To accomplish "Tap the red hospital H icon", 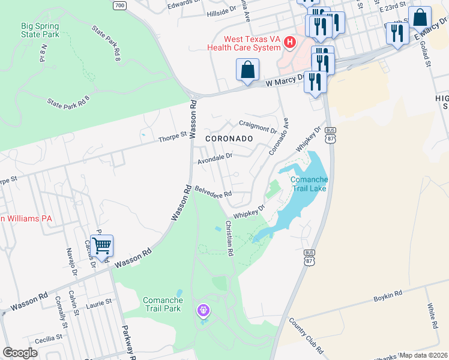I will pos(291,42).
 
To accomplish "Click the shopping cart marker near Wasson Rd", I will pos(102,245).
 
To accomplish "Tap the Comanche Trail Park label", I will pos(162,304).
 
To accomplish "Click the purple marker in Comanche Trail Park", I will pos(204,310).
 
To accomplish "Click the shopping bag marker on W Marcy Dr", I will pos(247,70).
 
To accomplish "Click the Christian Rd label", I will pos(229,238).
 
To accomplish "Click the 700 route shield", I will pos(120,5).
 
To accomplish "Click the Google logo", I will pos(20,353).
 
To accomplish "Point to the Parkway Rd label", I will pos(128,342).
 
